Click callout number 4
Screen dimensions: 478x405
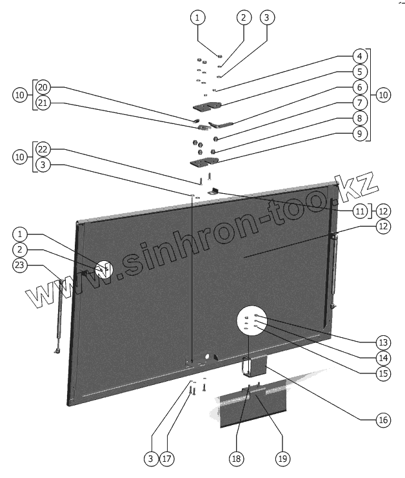tap(359, 56)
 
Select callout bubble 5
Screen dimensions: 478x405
tap(359, 72)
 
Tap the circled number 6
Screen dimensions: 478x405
tap(359, 87)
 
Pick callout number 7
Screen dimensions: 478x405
tap(359, 103)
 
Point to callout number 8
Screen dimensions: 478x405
tap(359, 118)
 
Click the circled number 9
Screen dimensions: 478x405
tap(359, 134)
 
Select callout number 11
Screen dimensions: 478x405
tap(359, 211)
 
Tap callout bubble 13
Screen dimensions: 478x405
tap(384, 342)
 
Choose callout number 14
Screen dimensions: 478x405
tap(384, 357)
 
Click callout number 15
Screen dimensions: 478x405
tap(384, 373)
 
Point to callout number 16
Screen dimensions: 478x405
tap(384, 420)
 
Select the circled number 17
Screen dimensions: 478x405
tap(166, 459)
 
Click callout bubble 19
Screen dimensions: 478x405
tap(282, 459)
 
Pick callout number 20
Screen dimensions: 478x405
tap(43, 87)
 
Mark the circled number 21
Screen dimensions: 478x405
tap(43, 103)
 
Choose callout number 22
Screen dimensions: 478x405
tap(43, 149)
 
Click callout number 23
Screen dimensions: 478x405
tap(21, 264)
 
